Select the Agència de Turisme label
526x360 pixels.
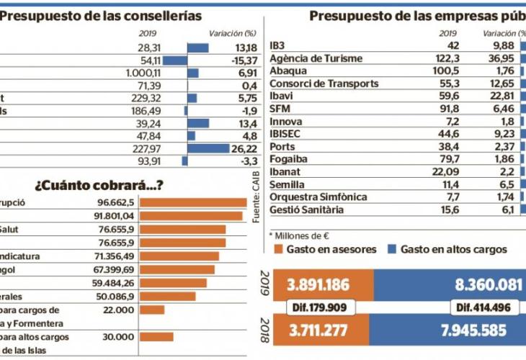[x=315, y=58]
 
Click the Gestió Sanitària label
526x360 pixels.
[x=306, y=210]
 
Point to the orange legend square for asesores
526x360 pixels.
[x=275, y=249]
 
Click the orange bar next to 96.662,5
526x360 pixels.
[x=193, y=203]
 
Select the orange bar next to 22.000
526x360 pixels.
[x=151, y=310]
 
